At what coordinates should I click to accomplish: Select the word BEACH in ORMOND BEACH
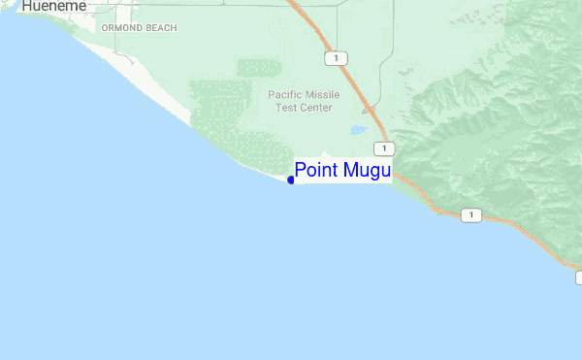pyautogui.click(x=162, y=28)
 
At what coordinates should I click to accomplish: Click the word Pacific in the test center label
pyautogui.click(x=285, y=94)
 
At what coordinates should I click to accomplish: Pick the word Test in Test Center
pyautogui.click(x=286, y=107)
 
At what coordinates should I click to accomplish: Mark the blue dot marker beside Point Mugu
pyautogui.click(x=291, y=180)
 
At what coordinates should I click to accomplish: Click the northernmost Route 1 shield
pyautogui.click(x=336, y=58)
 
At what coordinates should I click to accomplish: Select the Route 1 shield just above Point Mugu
pyautogui.click(x=386, y=148)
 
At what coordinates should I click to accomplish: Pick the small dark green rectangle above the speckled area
pyautogui.click(x=259, y=68)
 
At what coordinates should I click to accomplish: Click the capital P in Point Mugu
pyautogui.click(x=301, y=171)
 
